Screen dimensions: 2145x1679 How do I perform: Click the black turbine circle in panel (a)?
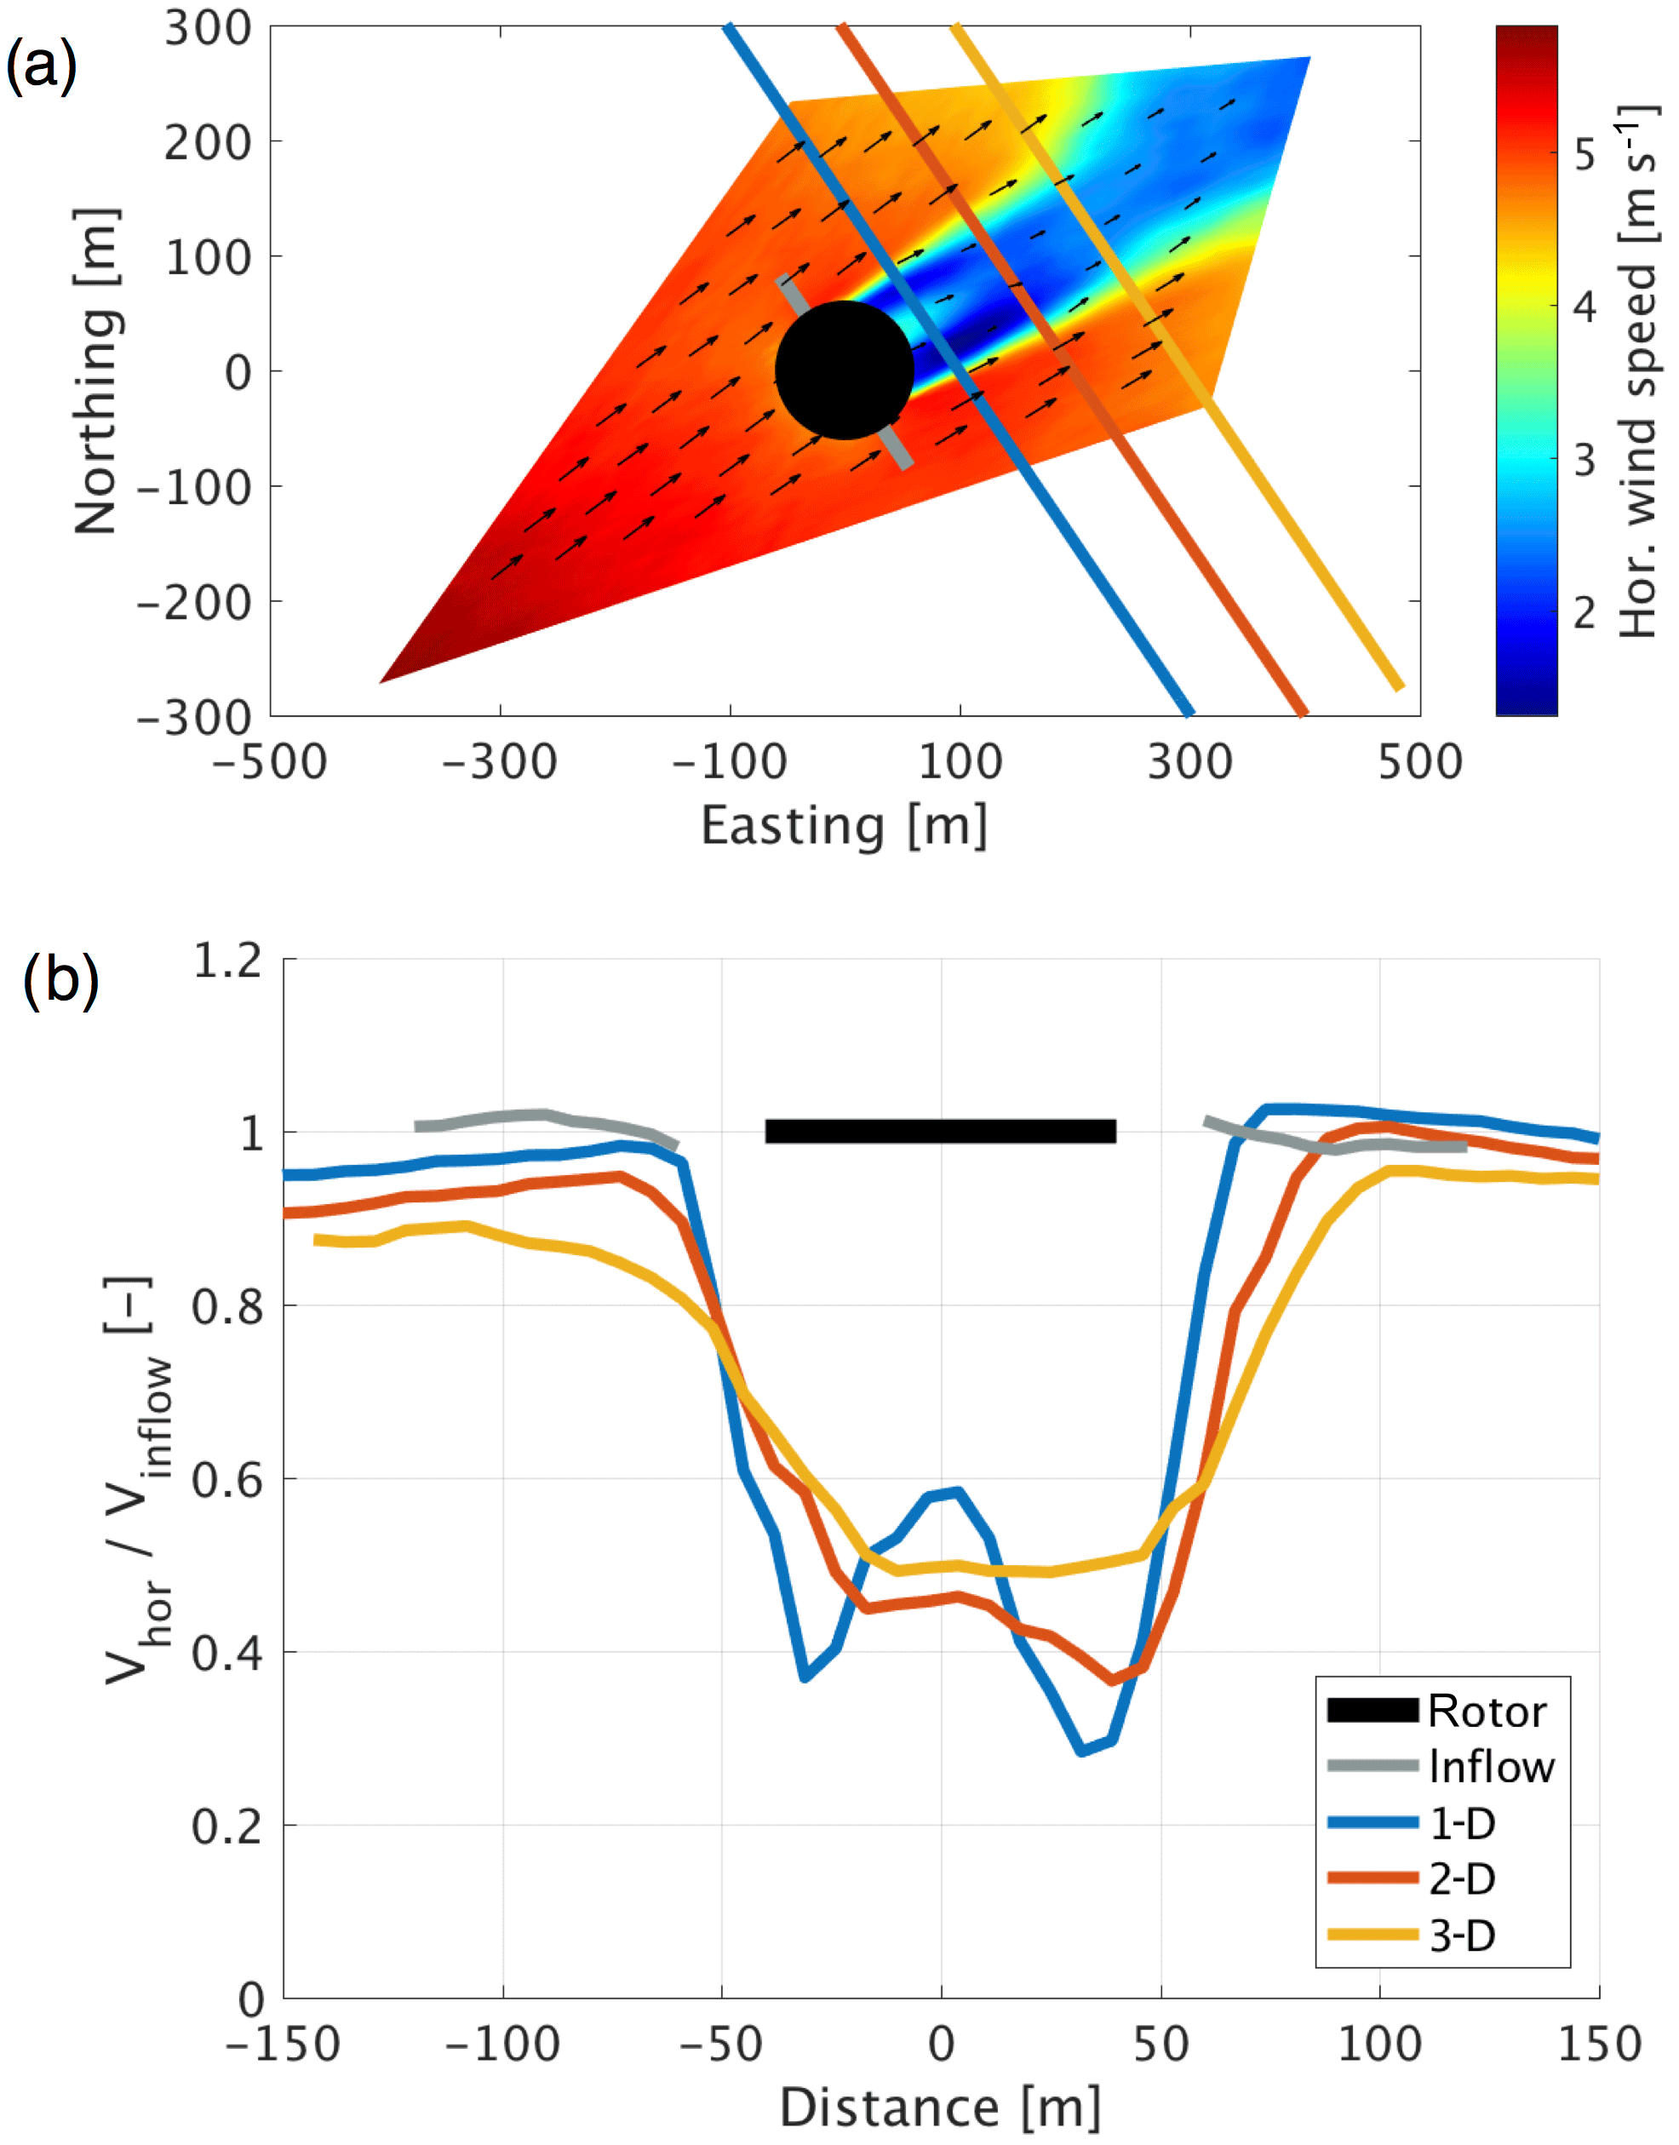(x=845, y=370)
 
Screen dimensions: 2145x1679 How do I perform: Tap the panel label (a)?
(x=40, y=67)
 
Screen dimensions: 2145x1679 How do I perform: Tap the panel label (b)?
(x=61, y=980)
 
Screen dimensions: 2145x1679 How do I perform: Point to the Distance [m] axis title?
(x=940, y=2108)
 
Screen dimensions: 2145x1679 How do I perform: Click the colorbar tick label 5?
(x=1584, y=154)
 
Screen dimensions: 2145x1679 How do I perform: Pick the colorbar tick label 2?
(x=1584, y=613)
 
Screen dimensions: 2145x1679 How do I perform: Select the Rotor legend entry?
(x=1487, y=1712)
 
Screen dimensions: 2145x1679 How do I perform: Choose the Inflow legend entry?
(x=1491, y=1767)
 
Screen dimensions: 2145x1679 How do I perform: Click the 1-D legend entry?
(x=1462, y=1823)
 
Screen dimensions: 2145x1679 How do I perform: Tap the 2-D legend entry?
(x=1462, y=1878)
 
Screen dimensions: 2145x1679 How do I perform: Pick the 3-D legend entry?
(x=1462, y=1936)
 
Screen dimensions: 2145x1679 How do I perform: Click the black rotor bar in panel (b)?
(x=940, y=1132)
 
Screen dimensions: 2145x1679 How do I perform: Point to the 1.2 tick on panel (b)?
(x=228, y=961)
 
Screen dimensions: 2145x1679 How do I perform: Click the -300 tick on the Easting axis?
(x=500, y=763)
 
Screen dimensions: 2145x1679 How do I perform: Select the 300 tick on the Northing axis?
(x=209, y=28)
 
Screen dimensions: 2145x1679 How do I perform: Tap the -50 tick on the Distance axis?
(x=720, y=2045)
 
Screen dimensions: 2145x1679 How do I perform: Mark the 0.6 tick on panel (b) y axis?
(x=228, y=1479)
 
